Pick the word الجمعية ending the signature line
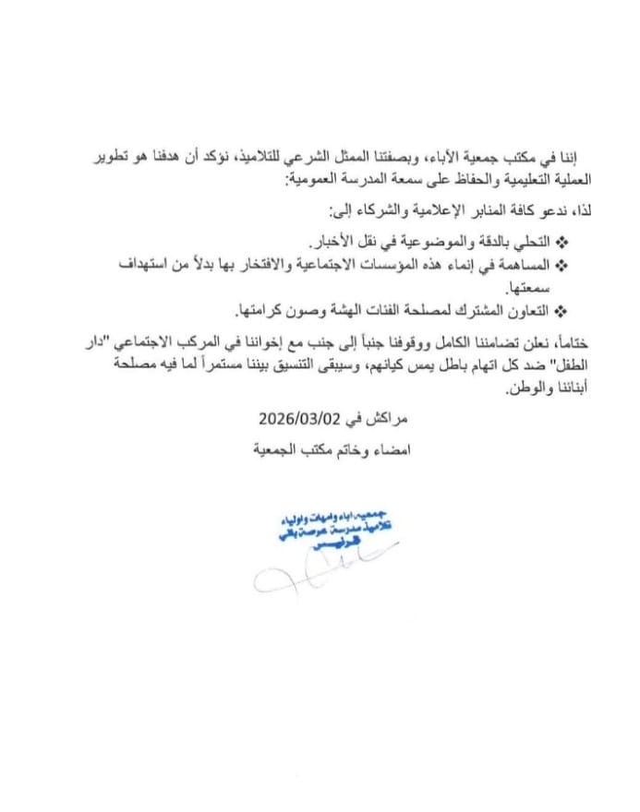tap(277, 452)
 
